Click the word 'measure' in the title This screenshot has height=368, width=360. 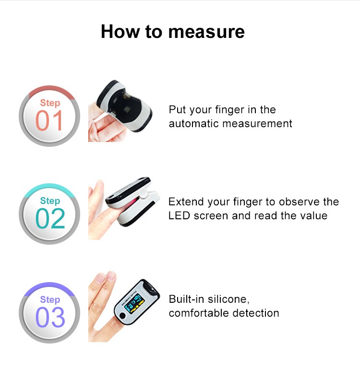coord(206,32)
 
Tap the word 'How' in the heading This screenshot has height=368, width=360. coord(120,32)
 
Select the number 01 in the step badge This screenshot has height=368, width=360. coord(49,120)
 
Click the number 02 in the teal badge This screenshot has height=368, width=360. coord(50,218)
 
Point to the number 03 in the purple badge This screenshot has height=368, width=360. coord(50,317)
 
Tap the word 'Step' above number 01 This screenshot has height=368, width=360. coord(50,103)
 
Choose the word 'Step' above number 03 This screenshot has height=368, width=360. coord(50,300)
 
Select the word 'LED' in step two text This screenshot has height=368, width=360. coord(179,216)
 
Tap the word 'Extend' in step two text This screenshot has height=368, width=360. coord(186,202)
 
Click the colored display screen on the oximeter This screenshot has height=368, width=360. coord(134,303)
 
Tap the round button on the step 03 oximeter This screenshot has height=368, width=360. coord(122,315)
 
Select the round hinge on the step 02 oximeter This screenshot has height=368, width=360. coord(143,193)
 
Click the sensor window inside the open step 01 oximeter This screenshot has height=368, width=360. coord(127,108)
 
